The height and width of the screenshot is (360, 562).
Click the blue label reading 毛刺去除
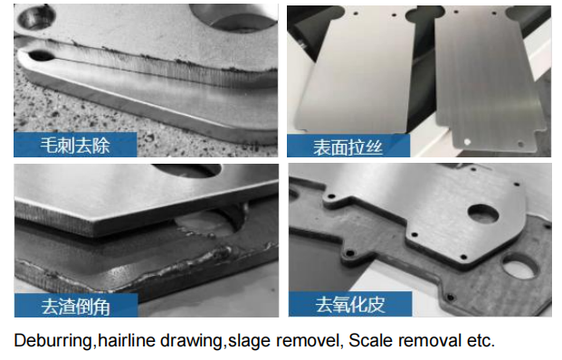pos(75,145)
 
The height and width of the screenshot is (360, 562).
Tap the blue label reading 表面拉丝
pos(348,147)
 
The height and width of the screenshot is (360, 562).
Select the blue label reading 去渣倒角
pos(76,306)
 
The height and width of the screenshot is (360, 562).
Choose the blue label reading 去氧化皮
pos(350,304)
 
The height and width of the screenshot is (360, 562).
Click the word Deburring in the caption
pos(52,341)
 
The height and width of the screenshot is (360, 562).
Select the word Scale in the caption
pos(367,340)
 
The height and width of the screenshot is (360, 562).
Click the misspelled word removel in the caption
pos(308,340)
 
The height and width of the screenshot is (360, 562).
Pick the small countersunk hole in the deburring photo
pos(36,17)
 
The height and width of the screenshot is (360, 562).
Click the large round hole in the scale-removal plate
pos(483,213)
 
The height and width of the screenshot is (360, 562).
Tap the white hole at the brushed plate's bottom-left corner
pos(467,142)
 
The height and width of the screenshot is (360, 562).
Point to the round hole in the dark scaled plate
pos(519,265)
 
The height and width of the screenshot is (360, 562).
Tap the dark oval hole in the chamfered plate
pos(186,170)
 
